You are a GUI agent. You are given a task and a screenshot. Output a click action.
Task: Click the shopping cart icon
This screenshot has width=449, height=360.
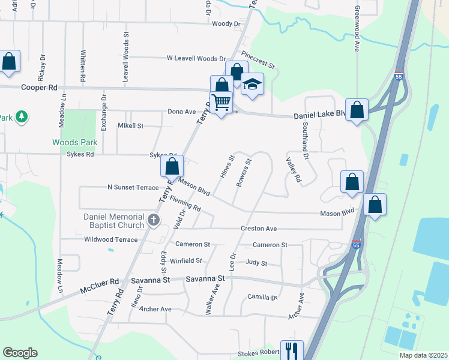(221, 103)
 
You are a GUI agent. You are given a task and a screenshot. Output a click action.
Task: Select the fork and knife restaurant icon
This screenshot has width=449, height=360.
(292, 350)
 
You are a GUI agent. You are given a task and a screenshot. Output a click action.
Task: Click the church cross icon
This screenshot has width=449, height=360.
(153, 220)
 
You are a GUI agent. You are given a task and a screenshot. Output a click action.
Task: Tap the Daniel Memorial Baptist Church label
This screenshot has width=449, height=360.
(114, 221)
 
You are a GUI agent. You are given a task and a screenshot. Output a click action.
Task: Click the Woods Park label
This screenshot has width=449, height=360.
(74, 142)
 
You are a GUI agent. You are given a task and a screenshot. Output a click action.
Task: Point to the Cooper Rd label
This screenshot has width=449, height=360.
(34, 86)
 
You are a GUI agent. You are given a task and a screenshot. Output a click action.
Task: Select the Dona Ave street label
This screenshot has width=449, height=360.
(182, 112)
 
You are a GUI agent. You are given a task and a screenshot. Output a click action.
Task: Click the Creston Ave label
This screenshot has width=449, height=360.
(258, 229)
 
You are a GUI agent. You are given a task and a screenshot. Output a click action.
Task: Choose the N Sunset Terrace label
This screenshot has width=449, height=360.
(133, 187)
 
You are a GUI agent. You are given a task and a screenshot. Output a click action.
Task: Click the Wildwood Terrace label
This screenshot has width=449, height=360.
(111, 239)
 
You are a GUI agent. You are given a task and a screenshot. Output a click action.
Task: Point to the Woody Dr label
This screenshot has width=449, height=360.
(226, 24)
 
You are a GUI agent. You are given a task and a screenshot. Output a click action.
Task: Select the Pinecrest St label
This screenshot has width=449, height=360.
(258, 63)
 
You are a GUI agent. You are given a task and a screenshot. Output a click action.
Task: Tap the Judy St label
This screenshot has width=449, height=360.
(256, 263)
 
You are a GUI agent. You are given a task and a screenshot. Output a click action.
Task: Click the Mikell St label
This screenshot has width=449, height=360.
(130, 126)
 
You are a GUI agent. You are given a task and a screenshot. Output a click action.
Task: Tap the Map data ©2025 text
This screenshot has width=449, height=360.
(423, 355)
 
